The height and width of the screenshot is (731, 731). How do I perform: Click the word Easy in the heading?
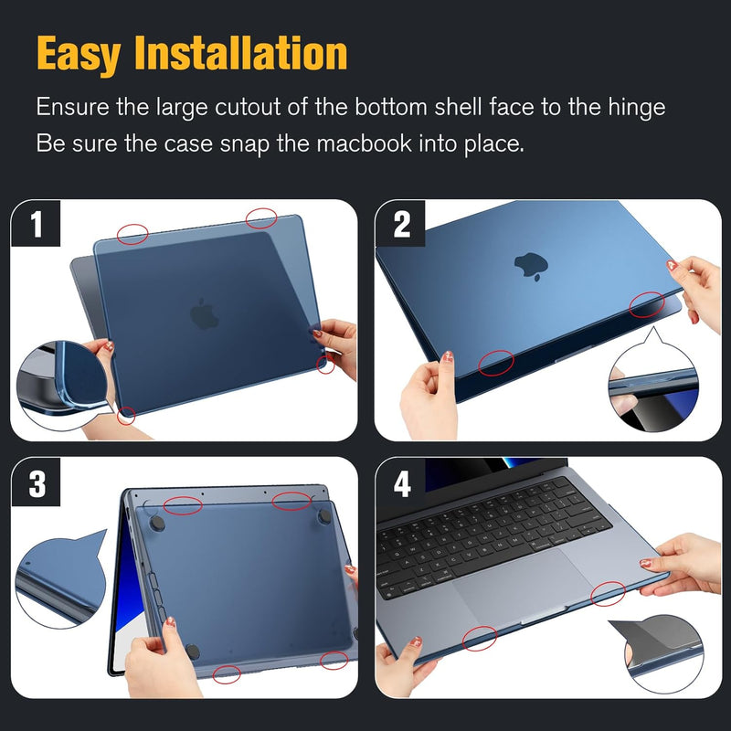(79, 54)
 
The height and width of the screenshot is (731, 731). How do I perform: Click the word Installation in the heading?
(240, 53)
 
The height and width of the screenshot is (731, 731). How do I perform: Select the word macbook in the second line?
(364, 143)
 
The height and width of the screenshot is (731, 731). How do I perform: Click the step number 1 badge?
(36, 223)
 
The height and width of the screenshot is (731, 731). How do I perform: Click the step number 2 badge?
(400, 223)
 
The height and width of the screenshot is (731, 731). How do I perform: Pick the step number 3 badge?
(36, 482)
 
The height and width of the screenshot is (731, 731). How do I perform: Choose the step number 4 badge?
(400, 482)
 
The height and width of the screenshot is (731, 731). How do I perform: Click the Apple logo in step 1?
(204, 313)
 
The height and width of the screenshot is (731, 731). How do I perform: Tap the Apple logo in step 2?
(531, 266)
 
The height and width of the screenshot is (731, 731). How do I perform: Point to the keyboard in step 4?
(493, 536)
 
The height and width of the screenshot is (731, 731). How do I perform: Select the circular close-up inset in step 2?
(653, 386)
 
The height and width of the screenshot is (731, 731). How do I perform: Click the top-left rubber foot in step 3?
(157, 523)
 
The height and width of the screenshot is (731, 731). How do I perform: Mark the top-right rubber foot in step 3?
(324, 515)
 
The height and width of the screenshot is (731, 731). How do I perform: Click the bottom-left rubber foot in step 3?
(193, 652)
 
